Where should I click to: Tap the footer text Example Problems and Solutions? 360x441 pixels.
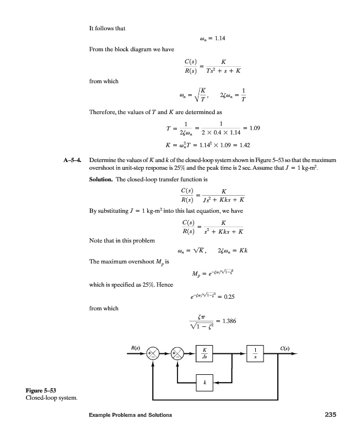pos(125,415)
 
